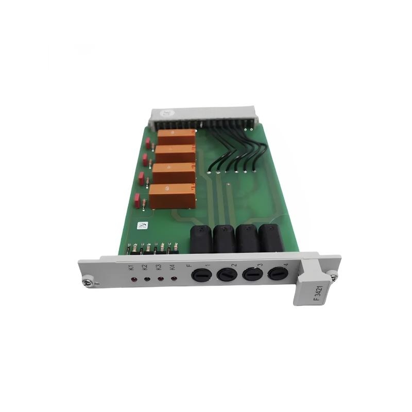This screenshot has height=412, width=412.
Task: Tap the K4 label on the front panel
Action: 173,267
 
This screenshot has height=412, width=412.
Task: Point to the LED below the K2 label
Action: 147,280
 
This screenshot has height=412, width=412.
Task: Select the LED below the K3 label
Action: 161,279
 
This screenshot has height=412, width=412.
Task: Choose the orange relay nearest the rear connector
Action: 177,137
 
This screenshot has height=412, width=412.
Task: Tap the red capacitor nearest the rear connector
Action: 148,143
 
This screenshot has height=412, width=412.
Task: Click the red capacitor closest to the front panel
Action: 138,201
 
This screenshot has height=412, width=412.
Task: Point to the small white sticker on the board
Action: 142,225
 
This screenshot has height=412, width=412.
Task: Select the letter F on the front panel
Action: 189,266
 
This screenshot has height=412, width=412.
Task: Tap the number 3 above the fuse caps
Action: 260,265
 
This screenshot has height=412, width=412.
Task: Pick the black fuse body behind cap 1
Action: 201,239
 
